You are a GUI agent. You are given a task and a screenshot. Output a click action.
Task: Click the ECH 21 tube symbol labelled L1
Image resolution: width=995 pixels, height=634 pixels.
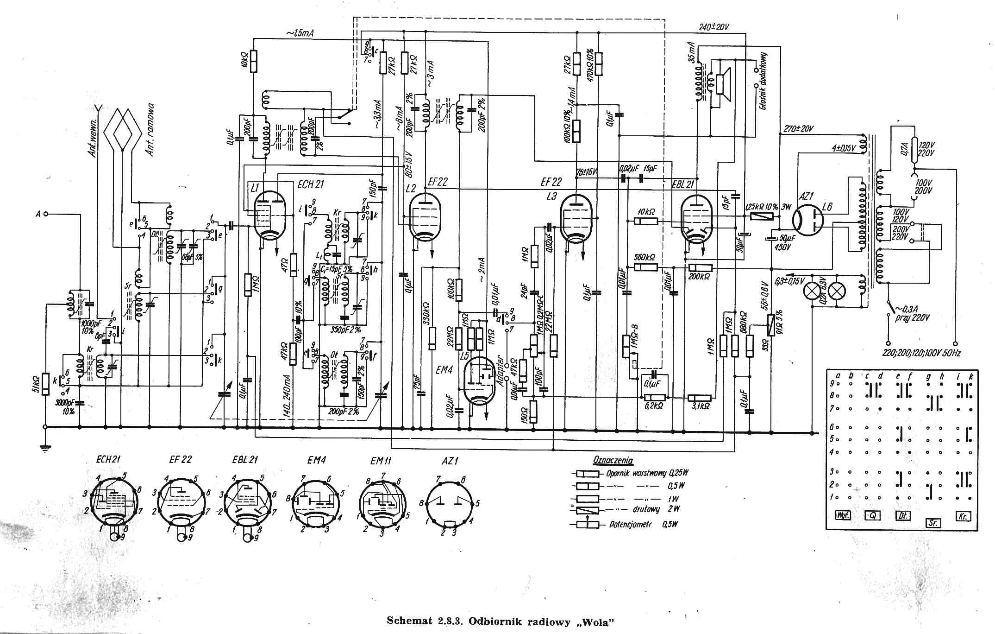coord(270,216)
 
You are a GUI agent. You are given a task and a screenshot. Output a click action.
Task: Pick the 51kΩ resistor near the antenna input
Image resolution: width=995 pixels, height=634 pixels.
coord(45,384)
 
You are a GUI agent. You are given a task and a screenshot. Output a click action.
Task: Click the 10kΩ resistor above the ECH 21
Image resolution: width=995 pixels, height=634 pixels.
coord(253,62)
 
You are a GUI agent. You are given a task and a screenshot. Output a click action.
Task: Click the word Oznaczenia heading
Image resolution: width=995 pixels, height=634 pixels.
coord(613,461)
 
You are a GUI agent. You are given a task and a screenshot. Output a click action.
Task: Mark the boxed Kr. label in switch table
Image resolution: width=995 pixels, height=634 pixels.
coord(963,516)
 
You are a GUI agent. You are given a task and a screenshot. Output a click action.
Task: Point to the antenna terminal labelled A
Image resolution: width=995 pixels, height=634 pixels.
coord(45,214)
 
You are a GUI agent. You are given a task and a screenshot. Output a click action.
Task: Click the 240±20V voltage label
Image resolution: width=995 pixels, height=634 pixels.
coord(714,27)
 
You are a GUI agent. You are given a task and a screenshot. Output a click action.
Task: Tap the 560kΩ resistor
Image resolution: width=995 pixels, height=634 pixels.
coord(645,267)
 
